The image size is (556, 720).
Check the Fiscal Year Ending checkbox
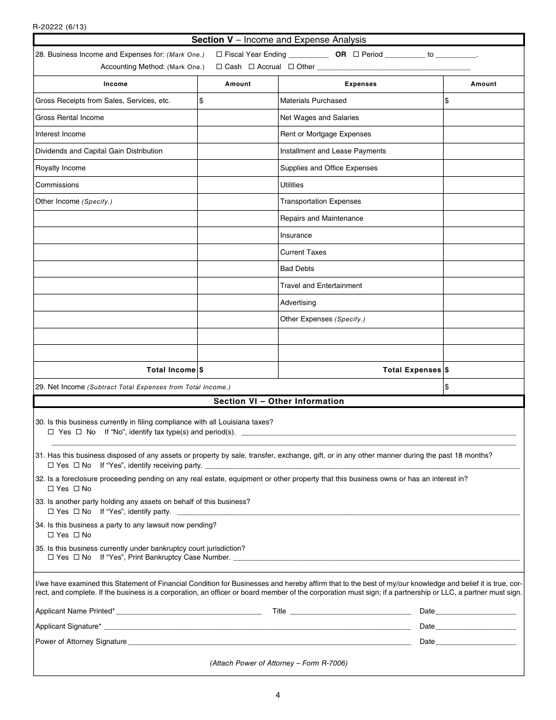click(x=219, y=54)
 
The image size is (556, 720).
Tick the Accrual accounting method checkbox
click(x=251, y=67)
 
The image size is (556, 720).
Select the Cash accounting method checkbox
click(x=219, y=67)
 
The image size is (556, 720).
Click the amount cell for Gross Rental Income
click(x=238, y=118)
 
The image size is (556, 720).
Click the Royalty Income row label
click(x=60, y=168)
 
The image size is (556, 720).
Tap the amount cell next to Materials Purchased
click(x=483, y=101)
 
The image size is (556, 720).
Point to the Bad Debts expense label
click(x=297, y=269)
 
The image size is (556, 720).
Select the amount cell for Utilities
click(x=483, y=185)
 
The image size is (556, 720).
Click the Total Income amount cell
click(x=238, y=370)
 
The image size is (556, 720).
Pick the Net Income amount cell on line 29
click(x=483, y=387)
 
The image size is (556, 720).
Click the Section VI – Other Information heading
click(x=279, y=402)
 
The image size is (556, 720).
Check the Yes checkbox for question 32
click(x=51, y=489)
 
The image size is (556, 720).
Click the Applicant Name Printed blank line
click(x=189, y=612)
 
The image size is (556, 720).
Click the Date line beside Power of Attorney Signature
click(x=476, y=642)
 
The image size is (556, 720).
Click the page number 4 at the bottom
click(x=278, y=695)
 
